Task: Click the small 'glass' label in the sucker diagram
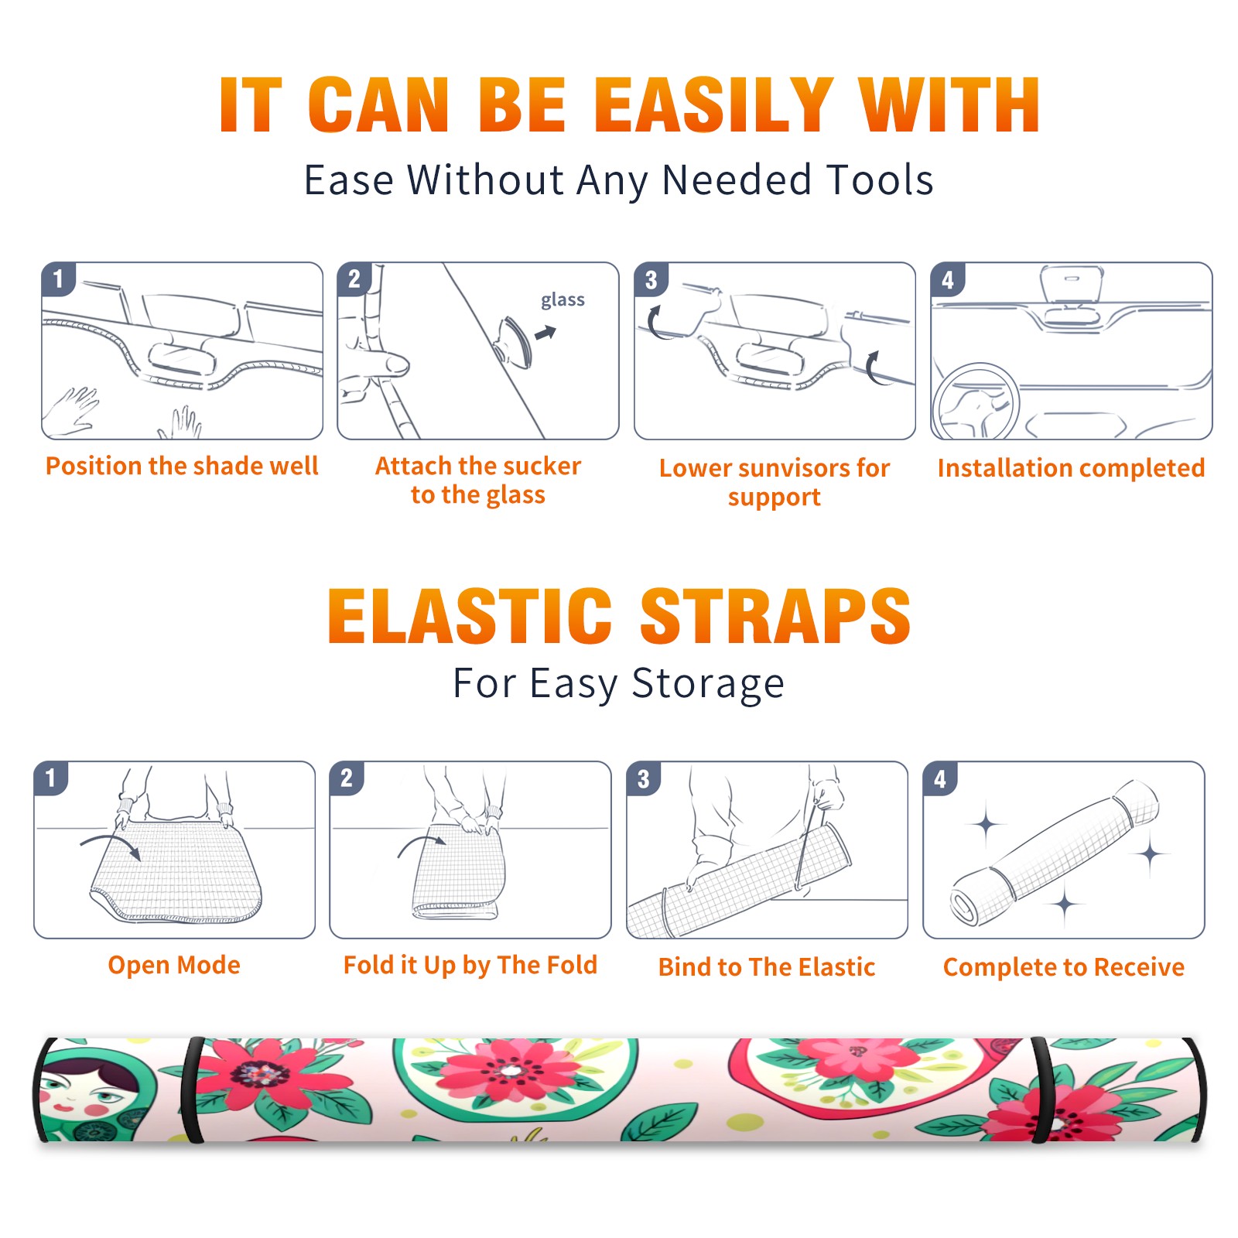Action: tap(563, 300)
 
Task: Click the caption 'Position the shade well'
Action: tap(182, 466)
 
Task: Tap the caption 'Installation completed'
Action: tap(1071, 468)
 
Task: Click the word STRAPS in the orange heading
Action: tap(775, 616)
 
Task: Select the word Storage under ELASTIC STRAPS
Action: tap(708, 684)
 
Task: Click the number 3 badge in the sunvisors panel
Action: tap(651, 279)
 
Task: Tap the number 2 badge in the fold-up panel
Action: tap(347, 778)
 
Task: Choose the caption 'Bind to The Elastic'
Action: tap(767, 967)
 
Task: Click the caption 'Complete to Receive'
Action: tap(1064, 967)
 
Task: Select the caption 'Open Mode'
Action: tap(174, 965)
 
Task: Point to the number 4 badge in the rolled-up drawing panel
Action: tap(940, 778)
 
